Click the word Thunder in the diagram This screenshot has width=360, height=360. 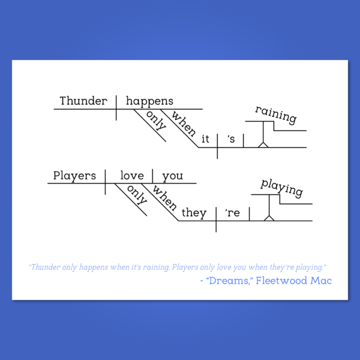tap(83, 101)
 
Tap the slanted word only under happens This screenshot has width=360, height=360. tap(156, 121)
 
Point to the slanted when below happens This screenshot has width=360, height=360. tap(184, 124)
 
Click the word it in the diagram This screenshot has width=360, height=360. tap(205, 139)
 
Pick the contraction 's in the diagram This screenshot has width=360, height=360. tap(231, 139)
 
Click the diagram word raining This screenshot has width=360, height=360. tap(276, 115)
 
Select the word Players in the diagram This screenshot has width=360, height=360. tap(74, 176)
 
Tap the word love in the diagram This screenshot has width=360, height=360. tap(132, 176)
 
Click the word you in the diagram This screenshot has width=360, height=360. tap(173, 176)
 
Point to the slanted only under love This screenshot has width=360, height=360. tap(137, 194)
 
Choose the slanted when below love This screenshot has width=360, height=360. tap(164, 198)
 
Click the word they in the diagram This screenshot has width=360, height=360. tap(194, 213)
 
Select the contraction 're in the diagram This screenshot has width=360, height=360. tap(232, 213)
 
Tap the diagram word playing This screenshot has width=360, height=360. tap(282, 188)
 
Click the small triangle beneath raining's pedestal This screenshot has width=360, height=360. tap(263, 145)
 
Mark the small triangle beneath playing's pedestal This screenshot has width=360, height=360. tap(269, 218)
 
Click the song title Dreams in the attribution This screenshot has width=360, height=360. tap(228, 281)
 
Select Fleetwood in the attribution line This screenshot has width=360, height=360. tap(281, 281)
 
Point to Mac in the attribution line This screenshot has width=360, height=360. tap(321, 281)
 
